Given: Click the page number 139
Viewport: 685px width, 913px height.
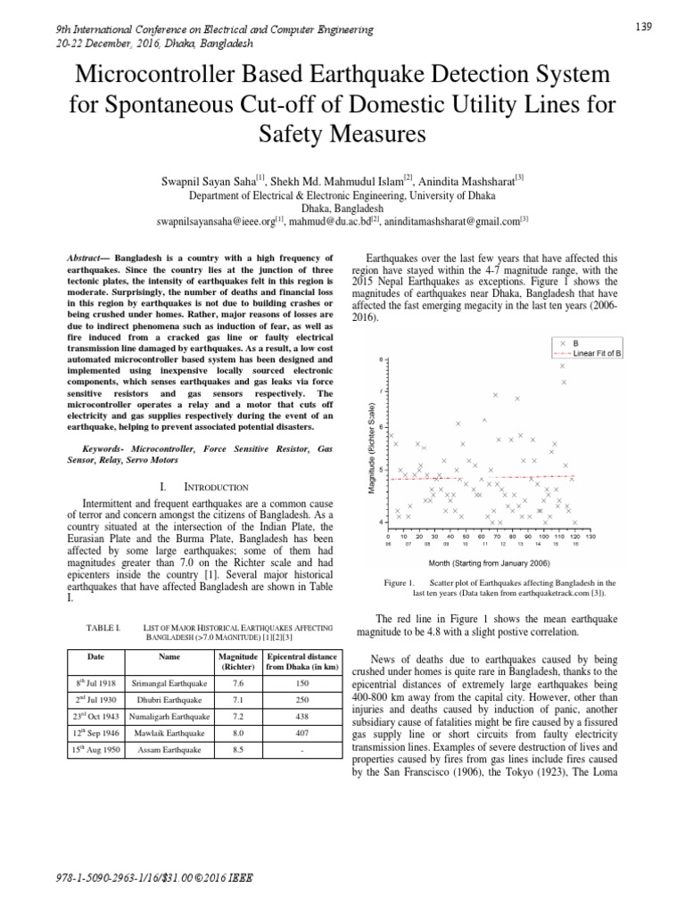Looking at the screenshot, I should click(x=644, y=27).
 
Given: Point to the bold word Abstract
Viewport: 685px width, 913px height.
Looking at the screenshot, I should click(x=85, y=257).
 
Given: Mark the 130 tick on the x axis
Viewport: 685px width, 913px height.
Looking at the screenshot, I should click(x=589, y=537).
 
